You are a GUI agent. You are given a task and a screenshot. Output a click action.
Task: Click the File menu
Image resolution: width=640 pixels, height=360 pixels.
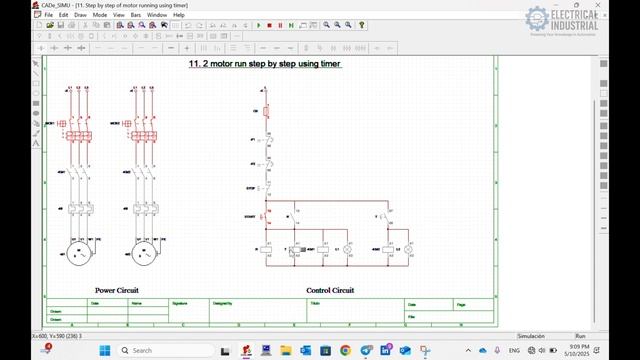coord(48,15)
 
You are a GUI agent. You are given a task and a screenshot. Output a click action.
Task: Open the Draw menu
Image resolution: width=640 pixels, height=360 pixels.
coord(80,15)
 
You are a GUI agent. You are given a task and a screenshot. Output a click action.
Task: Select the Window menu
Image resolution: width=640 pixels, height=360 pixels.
coord(156,15)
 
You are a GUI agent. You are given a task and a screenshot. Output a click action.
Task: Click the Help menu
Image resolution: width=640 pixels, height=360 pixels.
coord(179,15)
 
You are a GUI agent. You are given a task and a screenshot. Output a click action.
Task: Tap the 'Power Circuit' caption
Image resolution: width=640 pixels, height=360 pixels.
coord(116,290)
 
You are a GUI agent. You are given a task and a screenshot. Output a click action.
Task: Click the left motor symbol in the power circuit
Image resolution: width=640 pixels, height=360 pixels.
coord(77,253)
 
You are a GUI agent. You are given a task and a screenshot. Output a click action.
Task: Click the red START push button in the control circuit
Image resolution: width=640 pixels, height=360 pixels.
coord(264,215)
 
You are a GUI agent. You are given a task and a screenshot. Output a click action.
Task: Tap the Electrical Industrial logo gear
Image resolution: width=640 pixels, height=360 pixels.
coord(537,20)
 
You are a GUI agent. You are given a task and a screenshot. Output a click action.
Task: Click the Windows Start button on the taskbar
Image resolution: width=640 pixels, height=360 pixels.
coord(104,350)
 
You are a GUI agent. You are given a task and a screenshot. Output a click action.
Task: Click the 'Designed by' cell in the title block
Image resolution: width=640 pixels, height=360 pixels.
coord(223,301)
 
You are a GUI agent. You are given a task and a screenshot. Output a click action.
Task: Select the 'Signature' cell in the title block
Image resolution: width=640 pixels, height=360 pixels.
coord(180,301)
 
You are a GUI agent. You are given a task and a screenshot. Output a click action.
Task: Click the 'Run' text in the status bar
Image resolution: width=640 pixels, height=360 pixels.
coord(580,336)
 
